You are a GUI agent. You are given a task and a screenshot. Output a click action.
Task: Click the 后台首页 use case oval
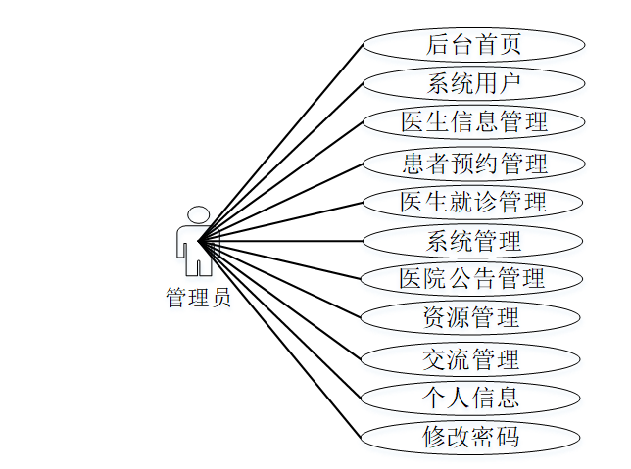point(473,44)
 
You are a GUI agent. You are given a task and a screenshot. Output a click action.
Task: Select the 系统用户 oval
point(473,83)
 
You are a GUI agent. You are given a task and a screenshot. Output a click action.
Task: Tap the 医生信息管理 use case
point(473,122)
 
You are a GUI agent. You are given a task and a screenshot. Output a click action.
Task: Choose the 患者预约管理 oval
point(473,162)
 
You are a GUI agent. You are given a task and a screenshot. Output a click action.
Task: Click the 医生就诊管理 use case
point(473,202)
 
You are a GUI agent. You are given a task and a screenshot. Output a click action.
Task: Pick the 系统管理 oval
point(473,240)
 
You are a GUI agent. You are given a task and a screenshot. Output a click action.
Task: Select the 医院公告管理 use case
point(473,279)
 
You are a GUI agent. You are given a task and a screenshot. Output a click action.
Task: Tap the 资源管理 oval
point(473,318)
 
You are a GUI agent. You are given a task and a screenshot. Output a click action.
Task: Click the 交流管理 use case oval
point(473,358)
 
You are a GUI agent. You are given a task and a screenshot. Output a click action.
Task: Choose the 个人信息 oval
point(473,398)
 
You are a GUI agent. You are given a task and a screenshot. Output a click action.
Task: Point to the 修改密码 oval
point(473,437)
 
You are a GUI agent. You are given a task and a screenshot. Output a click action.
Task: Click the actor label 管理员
point(198,298)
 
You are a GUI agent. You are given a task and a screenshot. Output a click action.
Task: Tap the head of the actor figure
point(199,214)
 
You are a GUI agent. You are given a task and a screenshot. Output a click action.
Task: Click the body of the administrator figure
point(197,250)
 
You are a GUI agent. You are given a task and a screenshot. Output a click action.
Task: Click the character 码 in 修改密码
point(509,437)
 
